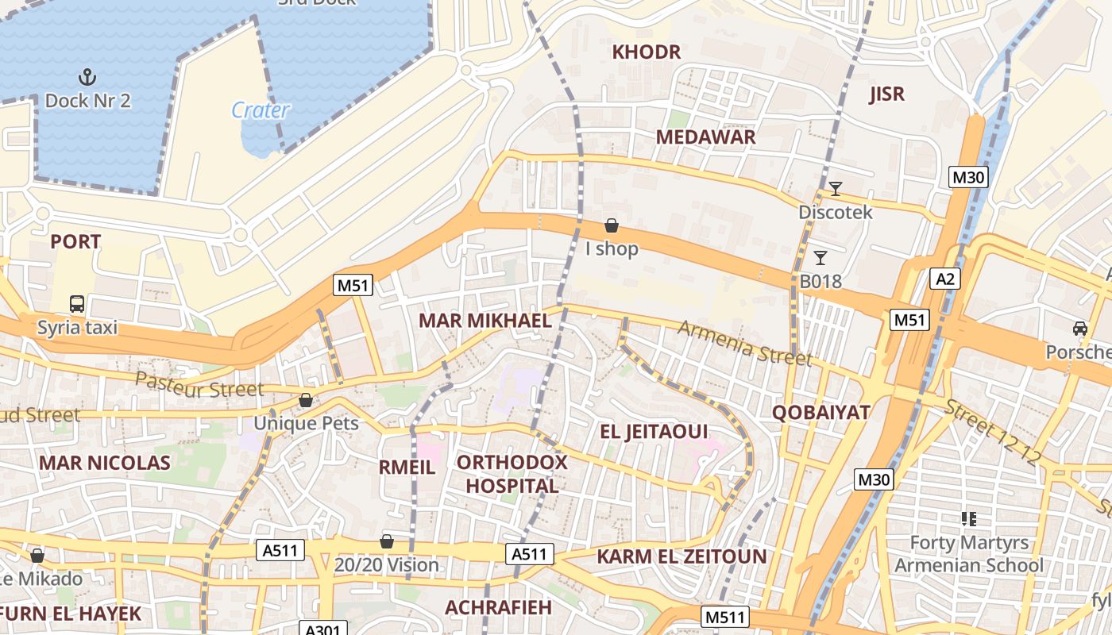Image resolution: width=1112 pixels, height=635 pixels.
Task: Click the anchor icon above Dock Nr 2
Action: click(87, 77)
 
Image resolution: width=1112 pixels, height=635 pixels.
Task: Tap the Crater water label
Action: click(261, 110)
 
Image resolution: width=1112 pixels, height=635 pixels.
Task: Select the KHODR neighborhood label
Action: click(646, 52)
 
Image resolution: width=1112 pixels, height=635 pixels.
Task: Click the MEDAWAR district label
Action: click(705, 137)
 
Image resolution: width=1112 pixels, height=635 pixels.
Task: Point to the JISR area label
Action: click(886, 94)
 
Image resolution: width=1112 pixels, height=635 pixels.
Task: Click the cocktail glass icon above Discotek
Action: click(835, 188)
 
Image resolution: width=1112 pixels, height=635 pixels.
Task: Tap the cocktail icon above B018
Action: click(820, 257)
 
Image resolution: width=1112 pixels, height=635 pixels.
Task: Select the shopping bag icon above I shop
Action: click(612, 225)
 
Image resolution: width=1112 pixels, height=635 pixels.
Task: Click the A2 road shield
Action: click(945, 279)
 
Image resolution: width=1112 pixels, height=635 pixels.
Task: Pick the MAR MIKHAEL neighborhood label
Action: click(485, 321)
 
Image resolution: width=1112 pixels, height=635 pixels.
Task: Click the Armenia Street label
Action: click(744, 343)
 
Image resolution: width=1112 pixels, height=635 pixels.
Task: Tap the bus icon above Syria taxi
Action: click(77, 303)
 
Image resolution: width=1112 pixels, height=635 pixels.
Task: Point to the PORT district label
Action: click(75, 242)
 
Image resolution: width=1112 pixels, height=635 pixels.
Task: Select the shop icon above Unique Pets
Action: click(306, 400)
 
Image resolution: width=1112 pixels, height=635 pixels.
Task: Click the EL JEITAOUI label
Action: click(653, 432)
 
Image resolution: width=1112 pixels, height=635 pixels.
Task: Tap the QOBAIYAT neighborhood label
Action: click(821, 412)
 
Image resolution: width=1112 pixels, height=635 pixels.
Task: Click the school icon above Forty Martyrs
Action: click(968, 519)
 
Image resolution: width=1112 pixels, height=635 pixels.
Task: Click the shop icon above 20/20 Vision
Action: click(387, 541)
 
